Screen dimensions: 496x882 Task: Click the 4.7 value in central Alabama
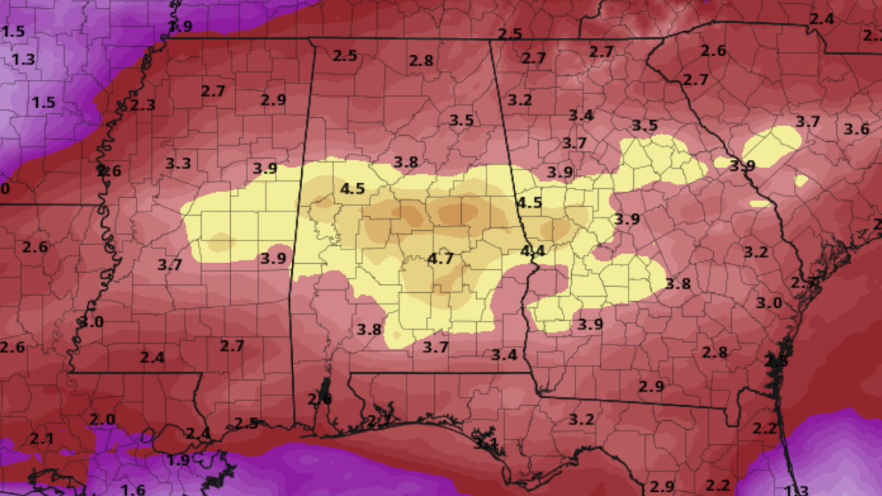(440, 259)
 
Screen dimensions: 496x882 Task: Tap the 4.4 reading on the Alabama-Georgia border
(532, 251)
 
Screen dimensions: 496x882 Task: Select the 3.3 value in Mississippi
(178, 163)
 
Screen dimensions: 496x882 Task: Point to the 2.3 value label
(143, 105)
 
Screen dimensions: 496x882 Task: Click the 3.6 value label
(857, 129)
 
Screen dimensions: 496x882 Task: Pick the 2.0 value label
(102, 420)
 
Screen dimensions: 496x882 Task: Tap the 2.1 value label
(41, 438)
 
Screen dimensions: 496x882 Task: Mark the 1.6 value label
(133, 490)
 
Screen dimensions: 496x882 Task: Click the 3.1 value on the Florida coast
(485, 443)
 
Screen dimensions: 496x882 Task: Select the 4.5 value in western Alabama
(352, 189)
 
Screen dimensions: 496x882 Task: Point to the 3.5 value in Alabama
(462, 121)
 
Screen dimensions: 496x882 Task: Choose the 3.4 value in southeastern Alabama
(504, 355)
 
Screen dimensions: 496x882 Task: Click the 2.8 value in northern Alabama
(421, 61)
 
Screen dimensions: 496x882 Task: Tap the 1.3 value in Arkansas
(23, 59)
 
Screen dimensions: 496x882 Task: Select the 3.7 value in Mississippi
(170, 264)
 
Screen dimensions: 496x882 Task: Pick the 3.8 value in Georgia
(677, 283)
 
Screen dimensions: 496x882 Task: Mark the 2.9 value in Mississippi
(273, 100)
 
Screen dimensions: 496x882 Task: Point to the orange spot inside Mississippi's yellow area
(220, 242)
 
